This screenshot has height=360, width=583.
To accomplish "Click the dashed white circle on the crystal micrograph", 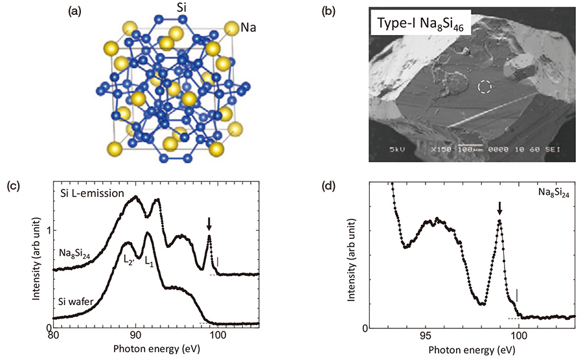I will pos(483,87).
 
